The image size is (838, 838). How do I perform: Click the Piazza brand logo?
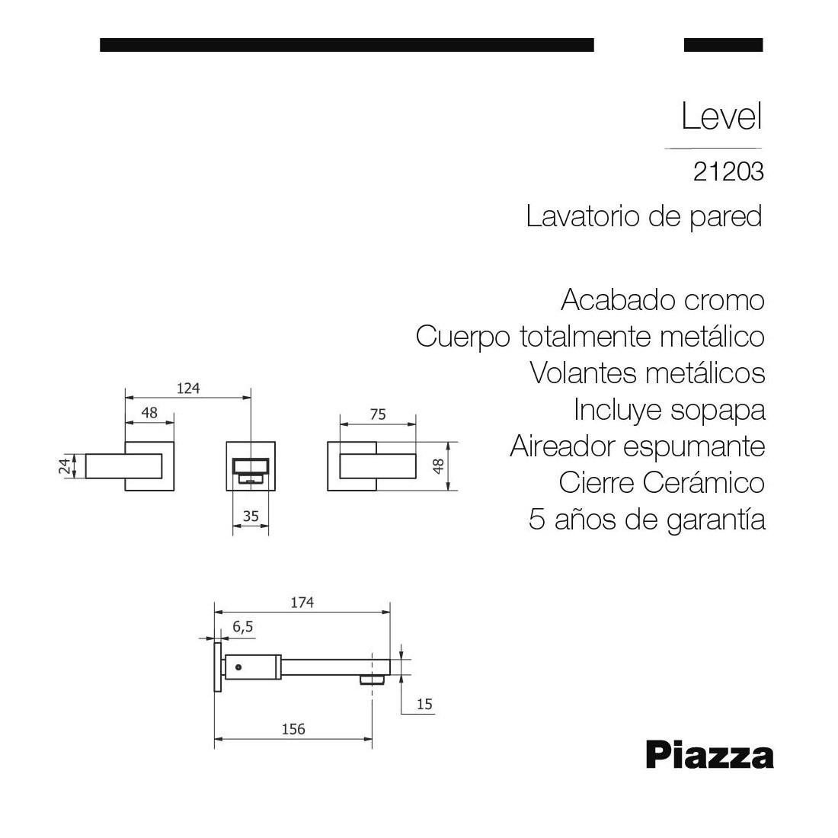pos(710,755)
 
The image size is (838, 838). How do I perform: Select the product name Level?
pos(721,116)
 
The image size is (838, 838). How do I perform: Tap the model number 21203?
pos(728,172)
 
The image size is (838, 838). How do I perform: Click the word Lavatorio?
pos(583,216)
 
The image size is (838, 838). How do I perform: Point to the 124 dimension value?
pos(188,388)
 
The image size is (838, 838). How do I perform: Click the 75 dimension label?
pos(378,414)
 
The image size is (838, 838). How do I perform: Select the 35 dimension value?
pos(251,516)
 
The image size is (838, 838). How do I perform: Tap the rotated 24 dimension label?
pos(65,466)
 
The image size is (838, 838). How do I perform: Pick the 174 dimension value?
pos(302,603)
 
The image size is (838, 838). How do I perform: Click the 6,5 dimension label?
pos(242,626)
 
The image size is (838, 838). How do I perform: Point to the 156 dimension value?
pos(293,729)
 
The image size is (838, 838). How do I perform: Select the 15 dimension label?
pos(424,704)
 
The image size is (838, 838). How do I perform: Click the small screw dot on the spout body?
pos(238,667)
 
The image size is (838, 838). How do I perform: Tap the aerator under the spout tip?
pos(373,680)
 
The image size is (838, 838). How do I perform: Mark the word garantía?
pos(716,520)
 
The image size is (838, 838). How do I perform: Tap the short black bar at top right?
pos(723,45)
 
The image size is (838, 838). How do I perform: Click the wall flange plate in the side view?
pos(218,667)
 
